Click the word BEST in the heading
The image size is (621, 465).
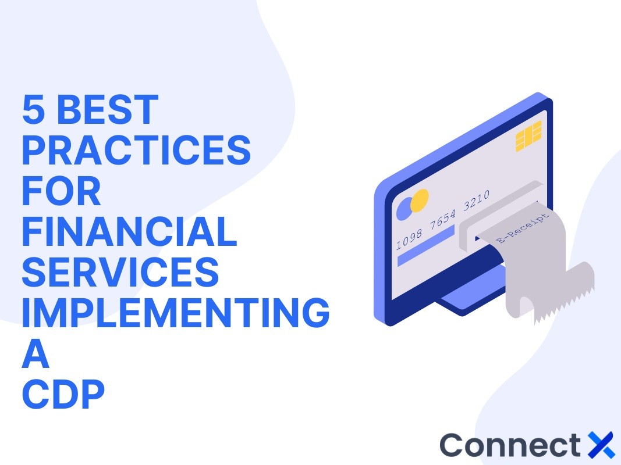pyautogui.click(x=108, y=109)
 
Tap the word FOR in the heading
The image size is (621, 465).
pyautogui.click(x=62, y=191)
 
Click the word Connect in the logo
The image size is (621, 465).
pyautogui.click(x=510, y=445)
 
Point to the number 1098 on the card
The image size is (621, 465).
pyautogui.click(x=409, y=239)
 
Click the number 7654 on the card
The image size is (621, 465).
pyautogui.click(x=444, y=221)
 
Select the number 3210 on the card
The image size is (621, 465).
pyautogui.click(x=477, y=203)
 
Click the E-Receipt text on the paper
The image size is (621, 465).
pyautogui.click(x=522, y=228)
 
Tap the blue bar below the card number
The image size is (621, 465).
pyautogui.click(x=425, y=245)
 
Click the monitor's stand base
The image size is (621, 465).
pyautogui.click(x=460, y=302)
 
